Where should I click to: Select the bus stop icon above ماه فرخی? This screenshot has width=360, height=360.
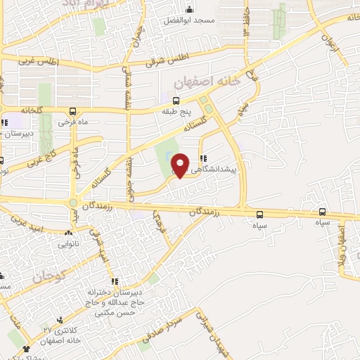point(73,111)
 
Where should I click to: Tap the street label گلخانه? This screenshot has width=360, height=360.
point(32,110)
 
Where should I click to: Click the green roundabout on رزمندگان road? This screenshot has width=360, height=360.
point(72,204)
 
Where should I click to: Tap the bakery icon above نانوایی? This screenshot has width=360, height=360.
point(69,233)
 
